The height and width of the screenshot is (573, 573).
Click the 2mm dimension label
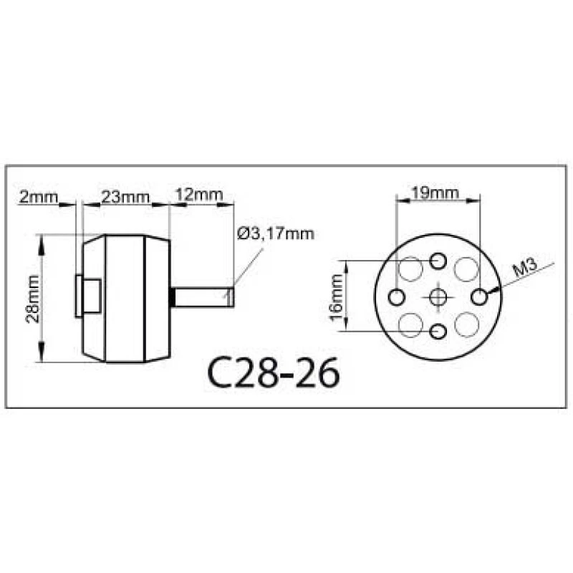coord(39,197)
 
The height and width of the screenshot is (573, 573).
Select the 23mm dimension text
coord(125,198)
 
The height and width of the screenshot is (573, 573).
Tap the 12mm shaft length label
coord(199,194)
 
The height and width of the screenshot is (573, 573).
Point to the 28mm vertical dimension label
coord(32,299)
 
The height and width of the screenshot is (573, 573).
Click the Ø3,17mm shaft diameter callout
coord(276,233)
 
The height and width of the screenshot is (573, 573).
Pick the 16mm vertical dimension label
coord(337,297)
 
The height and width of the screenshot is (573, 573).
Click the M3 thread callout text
coord(525,267)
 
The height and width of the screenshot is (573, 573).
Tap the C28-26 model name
coord(274,372)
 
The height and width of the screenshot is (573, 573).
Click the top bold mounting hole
coord(438,261)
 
